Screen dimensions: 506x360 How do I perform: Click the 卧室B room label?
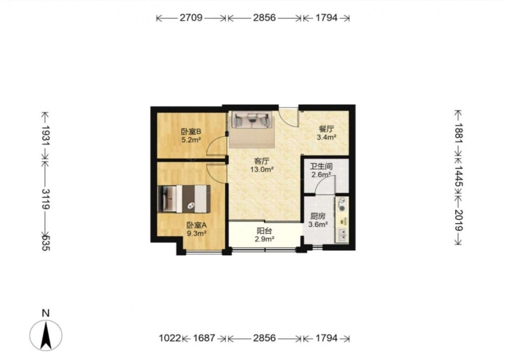(191, 132)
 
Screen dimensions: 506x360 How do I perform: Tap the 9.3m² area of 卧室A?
(196, 233)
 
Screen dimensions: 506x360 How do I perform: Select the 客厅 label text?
(262, 161)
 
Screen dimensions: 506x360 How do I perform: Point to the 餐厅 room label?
(326, 129)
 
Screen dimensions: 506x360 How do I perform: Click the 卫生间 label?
(321, 167)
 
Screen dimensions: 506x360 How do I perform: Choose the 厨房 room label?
(318, 216)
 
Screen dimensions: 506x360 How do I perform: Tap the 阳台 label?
(264, 231)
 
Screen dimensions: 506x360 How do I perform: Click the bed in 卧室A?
(184, 198)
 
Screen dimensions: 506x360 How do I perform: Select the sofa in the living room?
(252, 120)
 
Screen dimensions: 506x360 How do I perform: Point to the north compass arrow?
(46, 336)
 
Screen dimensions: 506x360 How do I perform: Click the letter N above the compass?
(46, 313)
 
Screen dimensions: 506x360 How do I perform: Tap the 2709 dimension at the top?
(191, 17)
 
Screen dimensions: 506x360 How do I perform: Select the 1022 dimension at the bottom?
(170, 338)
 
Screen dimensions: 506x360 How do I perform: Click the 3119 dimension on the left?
(46, 199)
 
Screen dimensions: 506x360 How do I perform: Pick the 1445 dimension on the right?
(458, 177)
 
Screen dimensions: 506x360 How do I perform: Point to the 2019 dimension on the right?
(458, 220)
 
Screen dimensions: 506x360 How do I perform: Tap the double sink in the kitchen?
(342, 235)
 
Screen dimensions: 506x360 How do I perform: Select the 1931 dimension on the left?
(46, 136)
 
